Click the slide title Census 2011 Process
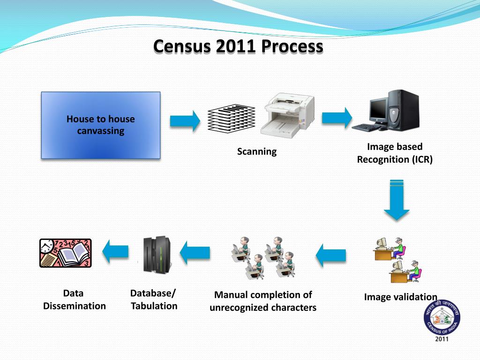click(238, 46)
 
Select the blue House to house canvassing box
click(101, 125)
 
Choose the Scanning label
click(256, 151)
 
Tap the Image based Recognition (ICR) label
click(395, 153)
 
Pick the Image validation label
click(400, 297)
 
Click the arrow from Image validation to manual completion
click(330, 255)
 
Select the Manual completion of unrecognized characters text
click(263, 301)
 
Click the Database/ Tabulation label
click(154, 300)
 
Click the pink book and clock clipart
click(66, 253)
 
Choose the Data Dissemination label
click(74, 300)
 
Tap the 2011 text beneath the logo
click(442, 339)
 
